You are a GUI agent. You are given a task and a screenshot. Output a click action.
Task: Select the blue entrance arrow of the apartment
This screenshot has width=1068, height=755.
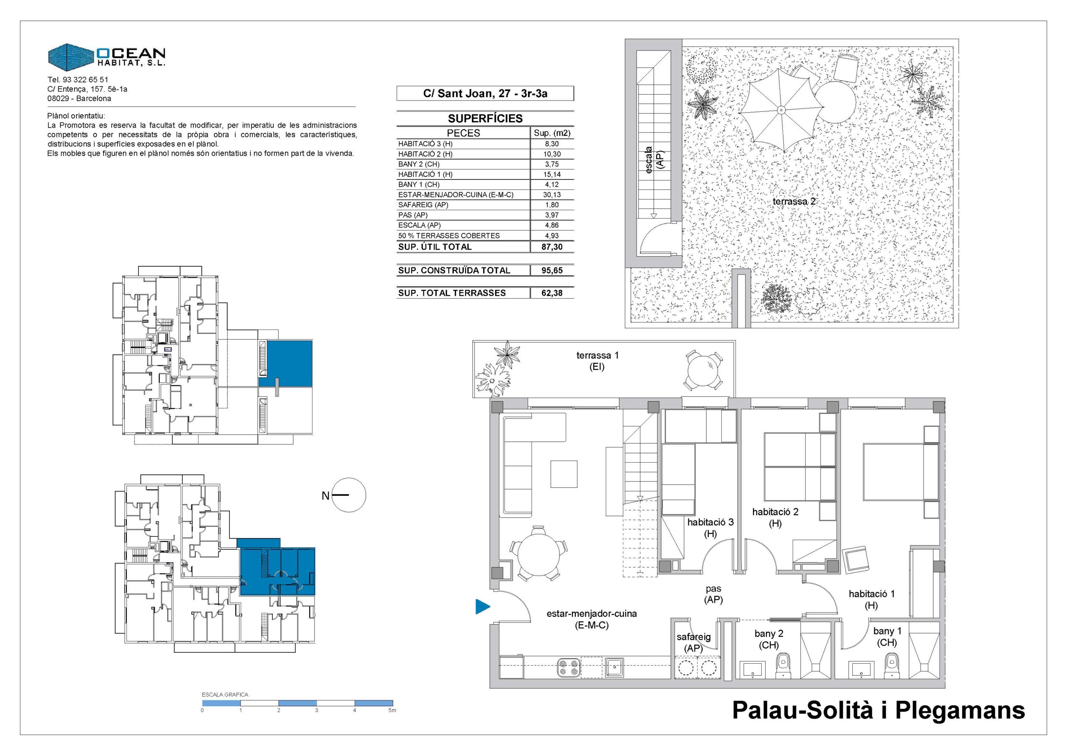pyautogui.click(x=483, y=607)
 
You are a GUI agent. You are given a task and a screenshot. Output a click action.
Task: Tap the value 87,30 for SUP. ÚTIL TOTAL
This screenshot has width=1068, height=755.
pyautogui.click(x=552, y=247)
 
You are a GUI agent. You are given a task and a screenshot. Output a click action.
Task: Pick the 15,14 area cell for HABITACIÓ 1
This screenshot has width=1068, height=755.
pyautogui.click(x=552, y=174)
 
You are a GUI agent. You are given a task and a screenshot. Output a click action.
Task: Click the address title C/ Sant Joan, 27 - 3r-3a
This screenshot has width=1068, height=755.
pyautogui.click(x=485, y=93)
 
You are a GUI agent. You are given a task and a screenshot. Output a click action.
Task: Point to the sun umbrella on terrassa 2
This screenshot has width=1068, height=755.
pyautogui.click(x=781, y=110)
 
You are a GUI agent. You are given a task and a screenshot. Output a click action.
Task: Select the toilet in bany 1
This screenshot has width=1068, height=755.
pyautogui.click(x=890, y=665)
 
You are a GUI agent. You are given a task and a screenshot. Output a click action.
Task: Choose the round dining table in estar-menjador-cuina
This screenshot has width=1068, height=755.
pyautogui.click(x=539, y=554)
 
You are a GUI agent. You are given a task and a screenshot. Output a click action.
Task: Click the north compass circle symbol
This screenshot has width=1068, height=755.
pyautogui.click(x=350, y=496)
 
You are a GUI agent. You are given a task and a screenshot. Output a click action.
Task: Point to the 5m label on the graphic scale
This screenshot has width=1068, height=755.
pyautogui.click(x=393, y=710)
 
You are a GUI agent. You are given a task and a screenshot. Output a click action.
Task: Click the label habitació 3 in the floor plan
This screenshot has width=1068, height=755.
pyautogui.click(x=710, y=528)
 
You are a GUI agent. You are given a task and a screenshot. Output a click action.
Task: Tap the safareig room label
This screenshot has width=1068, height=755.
pyautogui.click(x=693, y=642)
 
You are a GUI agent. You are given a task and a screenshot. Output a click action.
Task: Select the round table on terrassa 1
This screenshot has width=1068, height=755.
pyautogui.click(x=704, y=371)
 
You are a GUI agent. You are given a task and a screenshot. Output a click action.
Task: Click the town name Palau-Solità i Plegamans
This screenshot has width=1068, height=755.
pyautogui.click(x=879, y=710)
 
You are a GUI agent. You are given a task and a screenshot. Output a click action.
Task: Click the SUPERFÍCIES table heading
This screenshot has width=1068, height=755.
pyautogui.click(x=485, y=118)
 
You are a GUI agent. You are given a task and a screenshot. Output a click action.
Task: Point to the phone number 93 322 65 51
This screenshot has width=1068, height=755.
pyautogui.click(x=85, y=80)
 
